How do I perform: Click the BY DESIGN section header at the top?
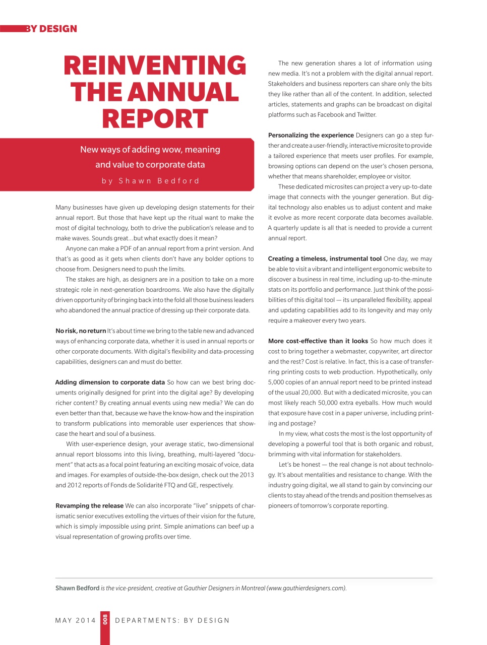pyautogui.click(x=51, y=29)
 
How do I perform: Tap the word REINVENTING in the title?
pyautogui.click(x=155, y=66)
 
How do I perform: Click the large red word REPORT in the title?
pyautogui.click(x=155, y=119)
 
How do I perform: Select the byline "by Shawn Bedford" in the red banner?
pyautogui.click(x=150, y=181)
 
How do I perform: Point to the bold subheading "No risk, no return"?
pyautogui.click(x=81, y=331)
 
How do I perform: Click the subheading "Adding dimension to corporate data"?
pyautogui.click(x=110, y=382)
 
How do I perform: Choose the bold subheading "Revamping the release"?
pyautogui.click(x=89, y=506)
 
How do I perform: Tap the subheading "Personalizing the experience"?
pyautogui.click(x=311, y=136)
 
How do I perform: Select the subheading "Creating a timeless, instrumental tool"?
pyautogui.click(x=325, y=259)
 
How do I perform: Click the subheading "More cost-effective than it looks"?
pyautogui.click(x=318, y=341)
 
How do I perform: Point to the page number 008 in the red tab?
pyautogui.click(x=105, y=619)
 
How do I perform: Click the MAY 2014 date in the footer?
pyautogui.click(x=75, y=620)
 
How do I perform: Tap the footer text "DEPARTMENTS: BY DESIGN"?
pyautogui.click(x=172, y=620)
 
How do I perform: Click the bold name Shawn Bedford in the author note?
pyautogui.click(x=77, y=588)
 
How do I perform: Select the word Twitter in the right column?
pyautogui.click(x=367, y=115)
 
